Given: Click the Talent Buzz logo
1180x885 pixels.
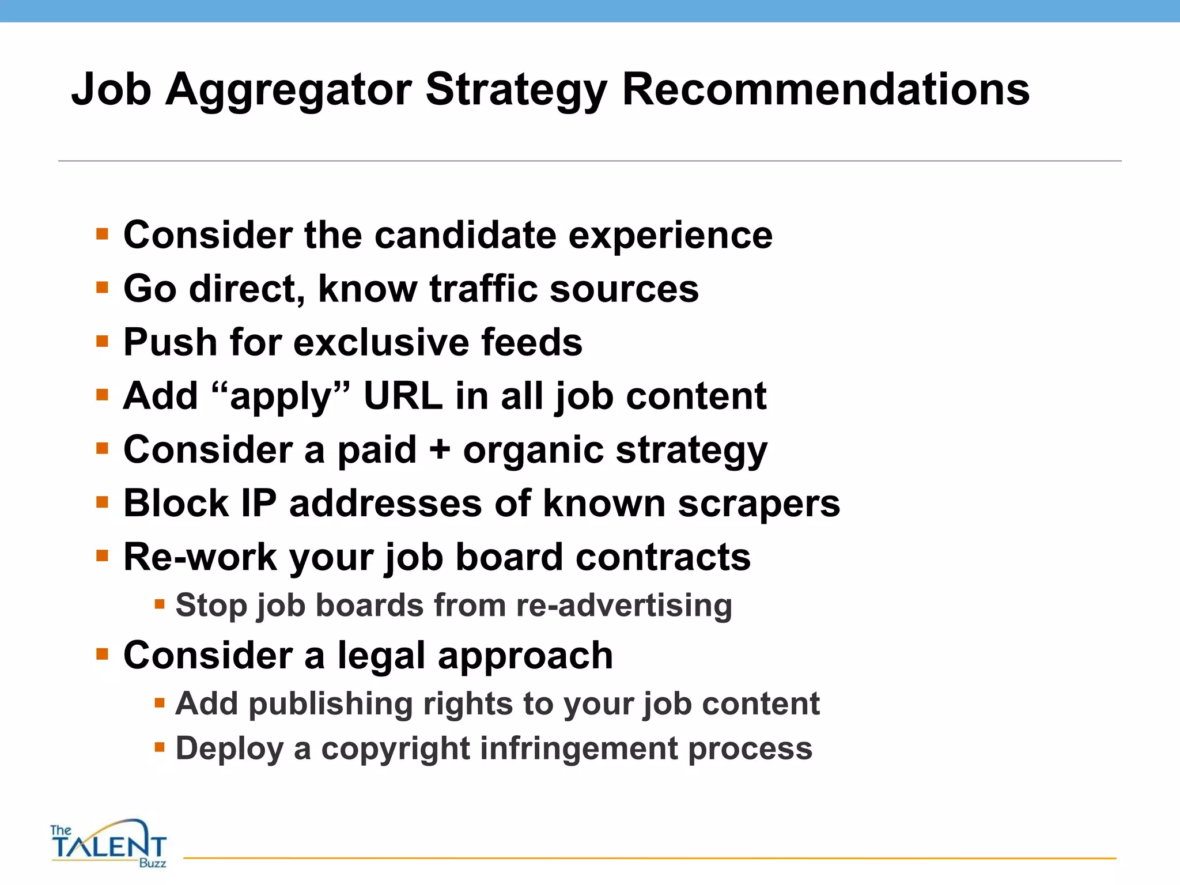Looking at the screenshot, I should point(108,844).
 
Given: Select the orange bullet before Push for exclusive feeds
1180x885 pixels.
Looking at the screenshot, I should point(103,342).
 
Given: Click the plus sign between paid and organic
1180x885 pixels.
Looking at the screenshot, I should point(440,449).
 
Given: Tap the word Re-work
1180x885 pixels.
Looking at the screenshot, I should point(200,557).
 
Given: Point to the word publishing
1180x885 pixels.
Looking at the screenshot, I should point(330,704).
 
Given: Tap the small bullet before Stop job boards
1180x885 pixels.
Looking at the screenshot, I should point(160,605).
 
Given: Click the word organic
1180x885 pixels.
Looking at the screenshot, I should point(533,451).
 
